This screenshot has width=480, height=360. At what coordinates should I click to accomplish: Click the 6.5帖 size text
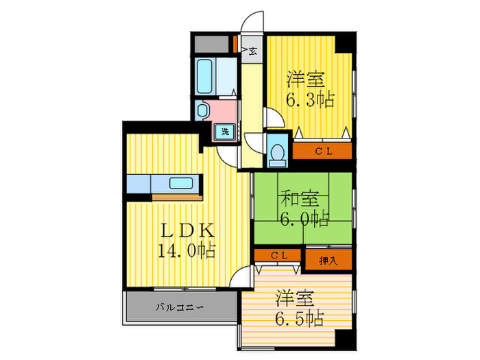click(300, 319)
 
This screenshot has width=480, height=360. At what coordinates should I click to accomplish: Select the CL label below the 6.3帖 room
click(323, 151)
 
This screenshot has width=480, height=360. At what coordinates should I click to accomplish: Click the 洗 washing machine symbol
click(224, 132)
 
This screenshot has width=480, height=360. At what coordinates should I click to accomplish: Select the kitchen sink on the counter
click(182, 183)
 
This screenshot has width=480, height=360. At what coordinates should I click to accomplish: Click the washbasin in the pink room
click(203, 110)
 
